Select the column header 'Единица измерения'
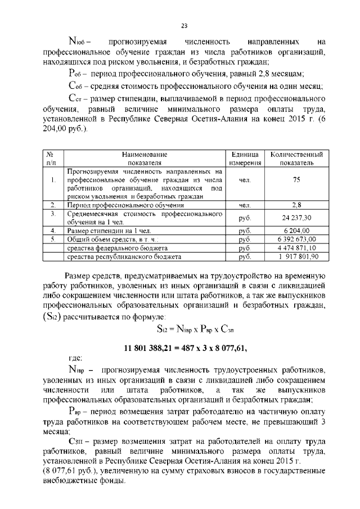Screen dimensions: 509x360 tap(245, 158)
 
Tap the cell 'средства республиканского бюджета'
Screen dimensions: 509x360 tap(124, 256)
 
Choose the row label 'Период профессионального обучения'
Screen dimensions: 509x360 tap(118, 205)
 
